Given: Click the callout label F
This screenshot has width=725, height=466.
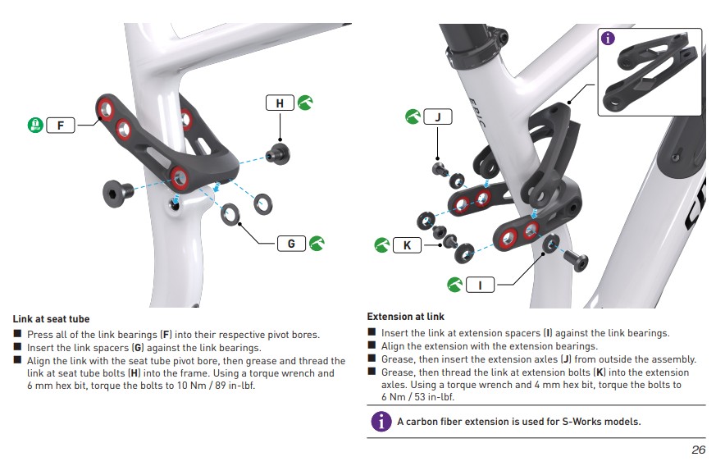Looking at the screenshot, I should click(61, 126).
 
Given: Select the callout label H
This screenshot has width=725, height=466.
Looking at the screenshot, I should click(280, 103).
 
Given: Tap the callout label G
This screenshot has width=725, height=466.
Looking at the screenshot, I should click(291, 243).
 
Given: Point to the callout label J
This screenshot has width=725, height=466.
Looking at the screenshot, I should click(437, 116).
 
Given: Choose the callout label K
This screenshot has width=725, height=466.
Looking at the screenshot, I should click(407, 244).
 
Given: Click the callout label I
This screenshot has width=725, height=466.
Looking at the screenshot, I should click(480, 285).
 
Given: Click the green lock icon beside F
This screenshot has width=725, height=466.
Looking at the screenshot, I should click(34, 126).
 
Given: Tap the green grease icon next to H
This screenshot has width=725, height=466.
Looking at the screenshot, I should click(304, 103).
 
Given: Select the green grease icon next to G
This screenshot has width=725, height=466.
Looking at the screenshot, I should click(316, 243).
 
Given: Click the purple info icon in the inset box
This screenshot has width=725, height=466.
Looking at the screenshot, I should click(608, 38).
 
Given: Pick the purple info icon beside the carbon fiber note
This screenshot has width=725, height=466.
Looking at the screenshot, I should click(381, 422).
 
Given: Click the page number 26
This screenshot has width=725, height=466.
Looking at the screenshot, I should click(698, 450).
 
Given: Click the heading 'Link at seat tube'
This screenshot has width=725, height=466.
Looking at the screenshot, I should click(51, 319).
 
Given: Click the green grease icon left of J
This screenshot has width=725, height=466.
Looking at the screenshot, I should click(413, 116).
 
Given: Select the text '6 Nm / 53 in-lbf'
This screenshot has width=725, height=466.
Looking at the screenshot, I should click(417, 396).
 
